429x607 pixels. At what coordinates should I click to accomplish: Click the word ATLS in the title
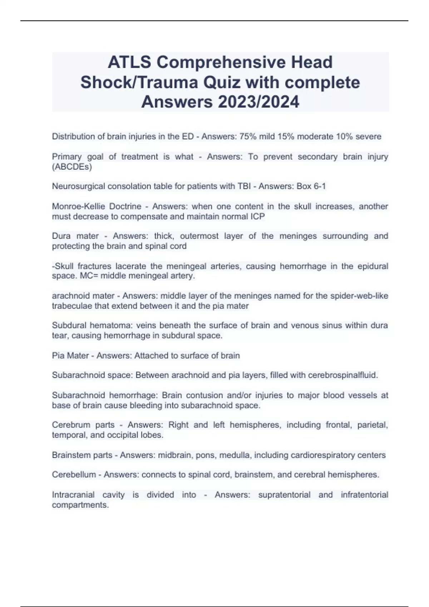pos(129,62)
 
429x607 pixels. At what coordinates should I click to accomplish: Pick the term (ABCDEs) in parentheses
pos(72,167)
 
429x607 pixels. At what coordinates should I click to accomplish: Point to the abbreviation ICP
pos(257,216)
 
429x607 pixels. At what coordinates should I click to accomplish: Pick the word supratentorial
pos(284,495)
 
